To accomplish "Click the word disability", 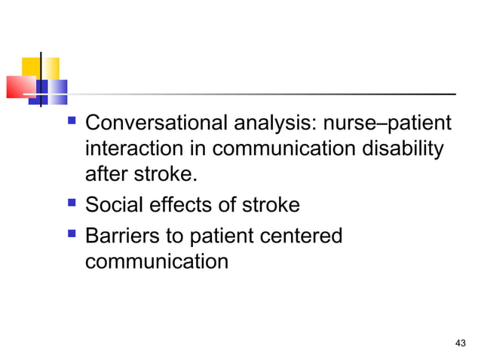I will click(x=400, y=149).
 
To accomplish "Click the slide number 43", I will click(x=461, y=343).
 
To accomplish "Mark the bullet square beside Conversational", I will click(x=72, y=120).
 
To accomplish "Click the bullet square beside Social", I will click(x=72, y=204).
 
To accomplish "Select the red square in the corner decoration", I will click(x=21, y=87).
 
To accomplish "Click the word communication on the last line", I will click(x=156, y=262).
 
